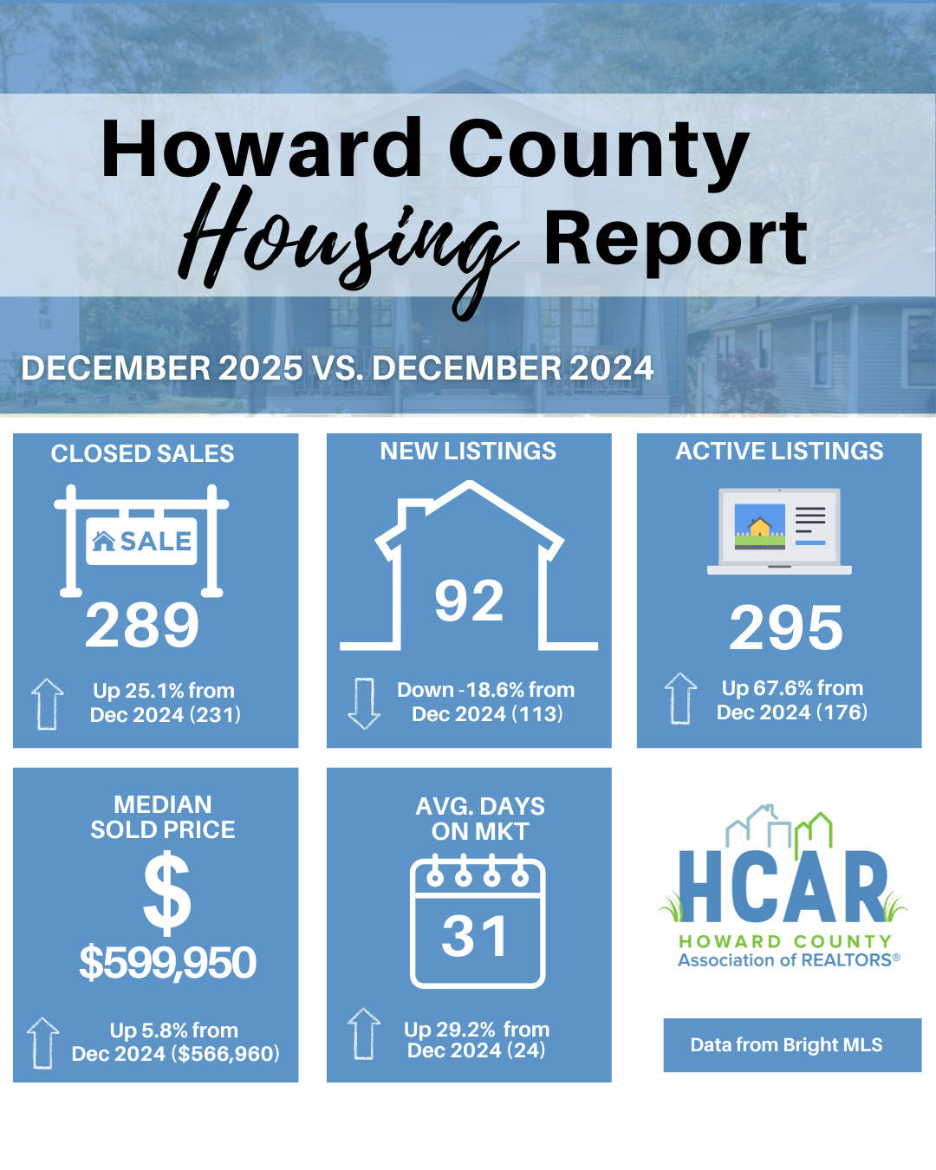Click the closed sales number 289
[x=142, y=625]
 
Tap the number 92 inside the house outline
[x=469, y=601]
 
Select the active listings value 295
[x=786, y=627]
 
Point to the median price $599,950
[x=167, y=963]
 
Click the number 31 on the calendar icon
[x=475, y=936]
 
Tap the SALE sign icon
[x=141, y=542]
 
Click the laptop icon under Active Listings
[x=779, y=531]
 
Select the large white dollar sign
[x=166, y=893]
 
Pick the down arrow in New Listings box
[x=364, y=703]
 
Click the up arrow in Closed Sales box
[x=48, y=703]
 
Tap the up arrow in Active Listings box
[x=680, y=699]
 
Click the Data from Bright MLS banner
[x=792, y=1045]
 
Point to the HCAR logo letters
[x=783, y=887]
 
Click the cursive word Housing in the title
[x=347, y=243]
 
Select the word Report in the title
[x=675, y=238]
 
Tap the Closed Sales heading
[x=142, y=453]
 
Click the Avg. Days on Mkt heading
[x=480, y=819]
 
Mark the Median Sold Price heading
[x=163, y=817]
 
